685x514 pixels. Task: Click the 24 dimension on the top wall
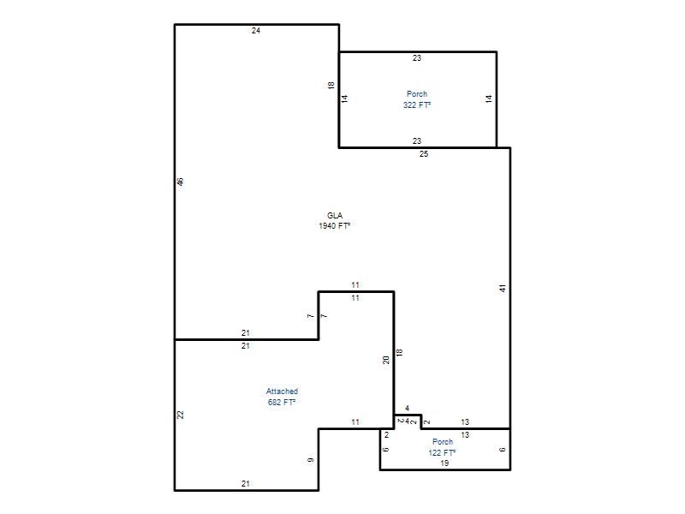(256, 31)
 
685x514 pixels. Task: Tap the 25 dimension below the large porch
(424, 154)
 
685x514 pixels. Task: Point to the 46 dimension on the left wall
(181, 182)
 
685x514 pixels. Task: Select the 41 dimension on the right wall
(503, 289)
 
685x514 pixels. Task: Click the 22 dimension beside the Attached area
(181, 415)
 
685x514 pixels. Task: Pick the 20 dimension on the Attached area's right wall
(386, 360)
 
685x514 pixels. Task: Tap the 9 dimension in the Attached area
(311, 460)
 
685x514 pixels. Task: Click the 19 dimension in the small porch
(444, 463)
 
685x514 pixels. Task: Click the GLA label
(335, 216)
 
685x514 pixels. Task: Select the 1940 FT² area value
(335, 226)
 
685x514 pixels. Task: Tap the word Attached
(283, 391)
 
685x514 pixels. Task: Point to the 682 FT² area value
(282, 402)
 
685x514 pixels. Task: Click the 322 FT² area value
(417, 105)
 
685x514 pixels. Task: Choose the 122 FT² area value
(442, 453)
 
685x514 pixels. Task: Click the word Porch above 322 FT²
(417, 94)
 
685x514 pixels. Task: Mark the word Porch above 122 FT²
(443, 442)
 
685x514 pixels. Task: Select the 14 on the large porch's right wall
(489, 99)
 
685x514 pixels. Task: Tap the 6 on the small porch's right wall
(503, 449)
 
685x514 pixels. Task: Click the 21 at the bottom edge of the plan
(246, 484)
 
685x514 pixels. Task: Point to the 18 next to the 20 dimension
(399, 353)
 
